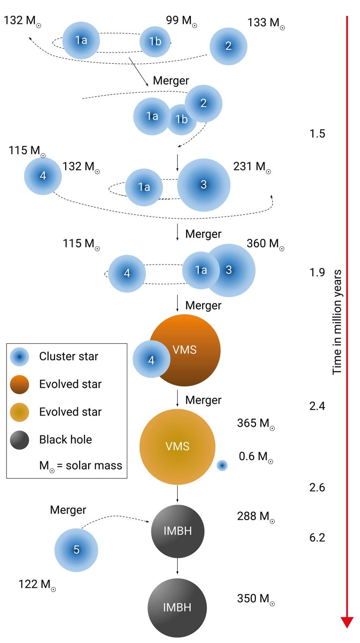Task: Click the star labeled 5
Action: [x=76, y=550]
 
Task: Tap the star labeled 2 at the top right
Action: [x=228, y=46]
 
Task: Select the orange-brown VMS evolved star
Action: [x=184, y=350]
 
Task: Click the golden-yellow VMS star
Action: [x=177, y=446]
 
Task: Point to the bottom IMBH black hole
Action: [x=177, y=608]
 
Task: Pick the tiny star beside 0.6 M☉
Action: [x=222, y=466]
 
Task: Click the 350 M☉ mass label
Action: [x=256, y=599]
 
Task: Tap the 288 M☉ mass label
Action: [x=256, y=516]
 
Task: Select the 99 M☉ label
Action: [x=181, y=21]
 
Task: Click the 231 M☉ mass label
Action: [x=252, y=167]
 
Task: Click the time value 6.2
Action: [x=317, y=537]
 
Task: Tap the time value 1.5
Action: [x=317, y=134]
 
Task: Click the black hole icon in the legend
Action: [x=20, y=440]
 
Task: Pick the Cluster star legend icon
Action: [x=20, y=357]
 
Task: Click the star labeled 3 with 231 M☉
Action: [x=203, y=185]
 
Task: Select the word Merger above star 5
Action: [x=68, y=510]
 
